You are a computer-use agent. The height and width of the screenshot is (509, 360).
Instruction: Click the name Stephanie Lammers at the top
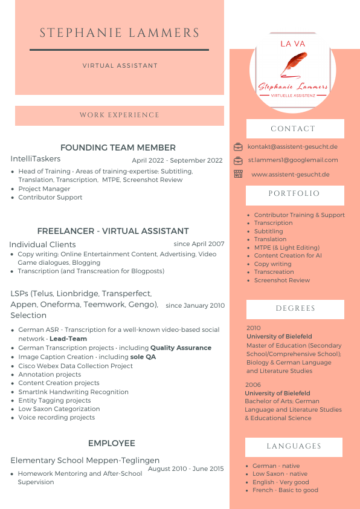pos(120,33)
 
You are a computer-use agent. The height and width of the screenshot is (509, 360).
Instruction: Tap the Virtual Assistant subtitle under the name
pos(120,65)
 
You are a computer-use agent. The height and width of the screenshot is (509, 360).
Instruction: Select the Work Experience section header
pos(120,115)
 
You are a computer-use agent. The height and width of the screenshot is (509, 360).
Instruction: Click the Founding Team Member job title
pos(118,148)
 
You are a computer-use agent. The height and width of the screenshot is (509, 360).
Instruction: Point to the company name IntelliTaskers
pos(36,158)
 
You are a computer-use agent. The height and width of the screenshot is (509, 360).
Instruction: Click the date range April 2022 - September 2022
pos(177,161)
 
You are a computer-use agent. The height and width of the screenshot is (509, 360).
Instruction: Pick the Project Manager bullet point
pos(44,189)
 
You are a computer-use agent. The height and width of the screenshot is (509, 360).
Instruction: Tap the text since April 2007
pos(199,244)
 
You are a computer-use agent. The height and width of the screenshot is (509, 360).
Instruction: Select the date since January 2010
pos(195,305)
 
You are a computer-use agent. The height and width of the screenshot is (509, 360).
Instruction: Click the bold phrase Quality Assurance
pos(181,348)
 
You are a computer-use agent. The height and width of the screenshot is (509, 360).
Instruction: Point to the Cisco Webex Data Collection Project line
pos(76,366)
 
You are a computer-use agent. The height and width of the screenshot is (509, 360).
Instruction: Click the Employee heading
pos(111,443)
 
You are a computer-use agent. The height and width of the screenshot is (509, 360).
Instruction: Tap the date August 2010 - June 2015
pos(185,468)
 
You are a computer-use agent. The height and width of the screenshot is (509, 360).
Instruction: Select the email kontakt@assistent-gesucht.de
pos(292,146)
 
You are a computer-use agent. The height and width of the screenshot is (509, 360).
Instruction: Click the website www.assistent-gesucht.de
pos(290,175)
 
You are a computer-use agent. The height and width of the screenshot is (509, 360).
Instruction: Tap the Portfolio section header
pos(294,194)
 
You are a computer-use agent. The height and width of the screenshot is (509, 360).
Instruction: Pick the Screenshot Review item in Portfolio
pos(281,280)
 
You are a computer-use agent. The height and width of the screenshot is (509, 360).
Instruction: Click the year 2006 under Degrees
pos(253,384)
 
